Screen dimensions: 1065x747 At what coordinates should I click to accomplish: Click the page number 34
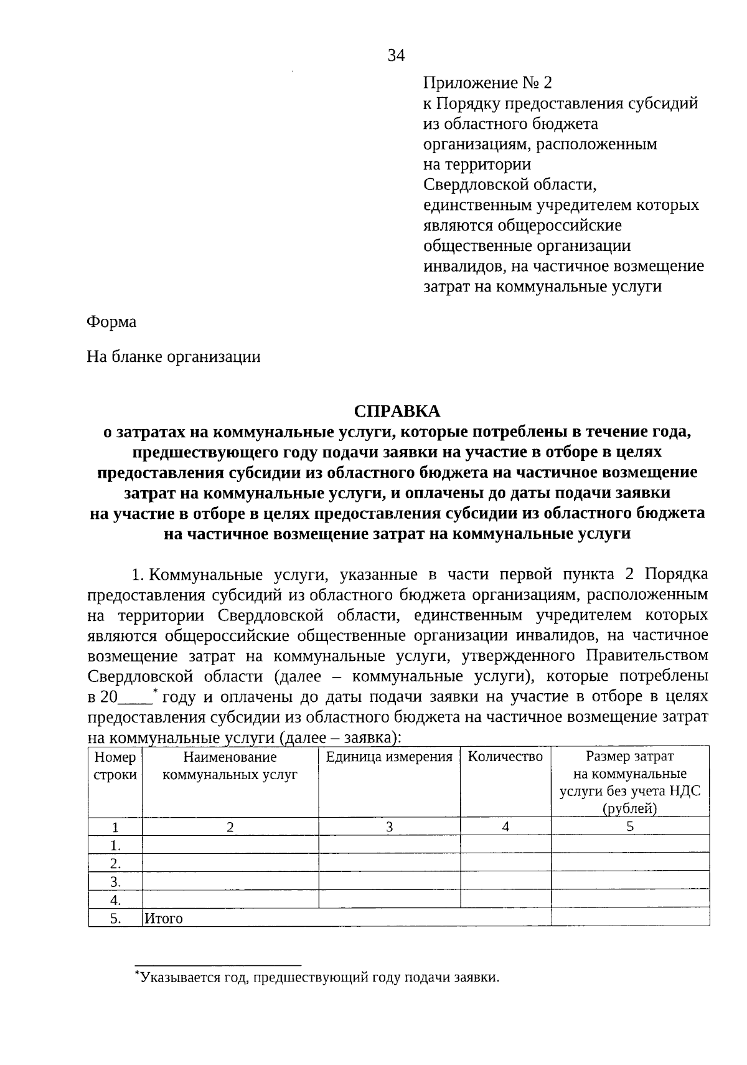(397, 56)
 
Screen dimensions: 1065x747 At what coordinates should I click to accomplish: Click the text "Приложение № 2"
(487, 83)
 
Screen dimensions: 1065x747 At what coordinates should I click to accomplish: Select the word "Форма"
(111, 322)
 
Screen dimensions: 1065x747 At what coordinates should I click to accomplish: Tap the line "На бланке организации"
(174, 357)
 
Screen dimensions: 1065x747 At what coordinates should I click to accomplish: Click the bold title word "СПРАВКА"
(397, 411)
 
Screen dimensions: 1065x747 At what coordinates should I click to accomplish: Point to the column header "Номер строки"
(115, 766)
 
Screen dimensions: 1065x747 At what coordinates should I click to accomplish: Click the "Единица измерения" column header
(389, 757)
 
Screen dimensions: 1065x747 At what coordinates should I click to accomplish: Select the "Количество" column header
(505, 757)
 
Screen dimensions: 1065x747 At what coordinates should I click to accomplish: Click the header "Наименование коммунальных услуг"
(230, 766)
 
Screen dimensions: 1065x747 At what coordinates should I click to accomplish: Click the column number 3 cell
(389, 827)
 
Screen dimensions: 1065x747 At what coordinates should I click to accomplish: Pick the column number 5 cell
(630, 827)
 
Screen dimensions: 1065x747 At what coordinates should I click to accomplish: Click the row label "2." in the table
(115, 864)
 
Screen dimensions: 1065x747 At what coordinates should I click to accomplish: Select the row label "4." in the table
(115, 900)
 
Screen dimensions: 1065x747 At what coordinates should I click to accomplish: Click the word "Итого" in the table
(164, 918)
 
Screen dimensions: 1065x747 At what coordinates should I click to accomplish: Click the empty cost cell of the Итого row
(630, 917)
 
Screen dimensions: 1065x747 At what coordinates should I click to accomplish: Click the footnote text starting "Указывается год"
(319, 977)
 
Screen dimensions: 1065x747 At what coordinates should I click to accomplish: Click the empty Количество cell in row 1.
(505, 845)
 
